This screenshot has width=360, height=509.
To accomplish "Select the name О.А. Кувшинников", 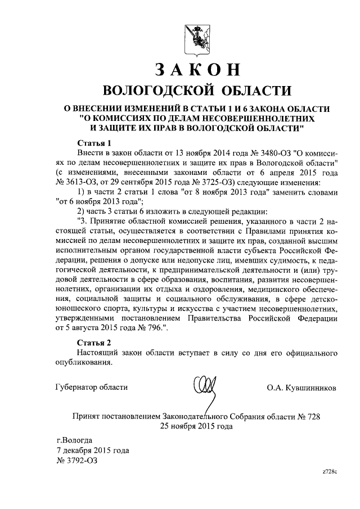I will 303,388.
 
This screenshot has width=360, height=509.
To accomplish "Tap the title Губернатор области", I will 91,387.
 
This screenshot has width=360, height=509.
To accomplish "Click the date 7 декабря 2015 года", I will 93,451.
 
